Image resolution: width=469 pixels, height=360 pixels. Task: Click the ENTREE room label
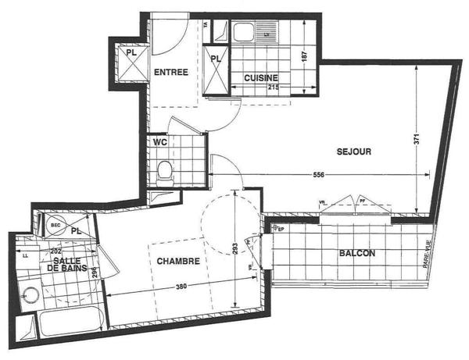tap(170, 72)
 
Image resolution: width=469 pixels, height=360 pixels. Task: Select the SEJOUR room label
tap(353, 151)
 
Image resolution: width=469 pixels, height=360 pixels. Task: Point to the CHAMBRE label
tap(177, 261)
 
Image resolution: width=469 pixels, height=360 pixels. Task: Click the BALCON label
tap(357, 254)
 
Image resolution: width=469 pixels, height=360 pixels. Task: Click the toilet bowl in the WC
tap(164, 171)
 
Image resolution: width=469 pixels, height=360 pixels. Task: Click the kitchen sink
tap(242, 32)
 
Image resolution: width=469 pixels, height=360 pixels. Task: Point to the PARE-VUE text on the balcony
tap(428, 255)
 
